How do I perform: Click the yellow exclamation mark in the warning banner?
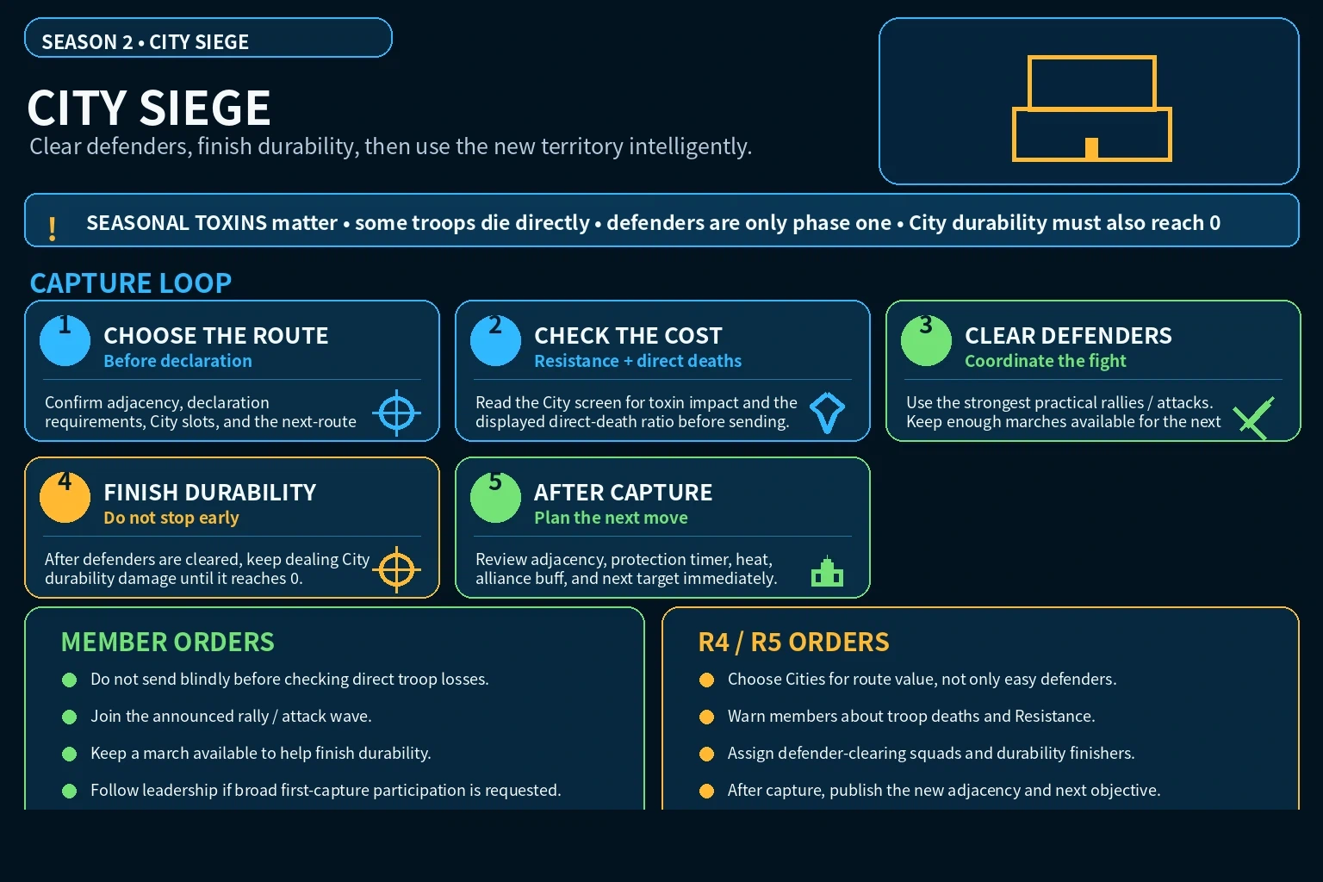(52, 228)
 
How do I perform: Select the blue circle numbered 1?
(65, 340)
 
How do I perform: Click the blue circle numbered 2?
(495, 340)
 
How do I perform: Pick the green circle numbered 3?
(926, 340)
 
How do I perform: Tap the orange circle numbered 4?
(65, 498)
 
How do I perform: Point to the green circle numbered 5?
(495, 498)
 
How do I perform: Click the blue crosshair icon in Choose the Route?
(397, 413)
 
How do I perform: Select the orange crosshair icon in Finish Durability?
(397, 569)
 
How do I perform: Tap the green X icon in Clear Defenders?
(1254, 419)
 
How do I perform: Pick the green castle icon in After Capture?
(828, 571)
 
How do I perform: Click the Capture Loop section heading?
(131, 283)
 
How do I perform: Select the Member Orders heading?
(168, 643)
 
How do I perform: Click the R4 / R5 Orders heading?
(793, 643)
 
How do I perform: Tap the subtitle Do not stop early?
(171, 518)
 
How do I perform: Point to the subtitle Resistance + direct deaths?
(638, 360)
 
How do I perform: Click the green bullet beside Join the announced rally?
(70, 717)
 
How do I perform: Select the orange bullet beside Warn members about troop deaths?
(707, 717)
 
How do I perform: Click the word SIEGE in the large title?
(205, 108)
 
